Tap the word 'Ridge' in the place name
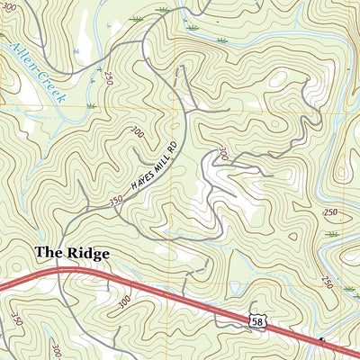point(87,255)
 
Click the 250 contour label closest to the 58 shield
point(326,284)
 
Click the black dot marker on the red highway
point(321,341)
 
